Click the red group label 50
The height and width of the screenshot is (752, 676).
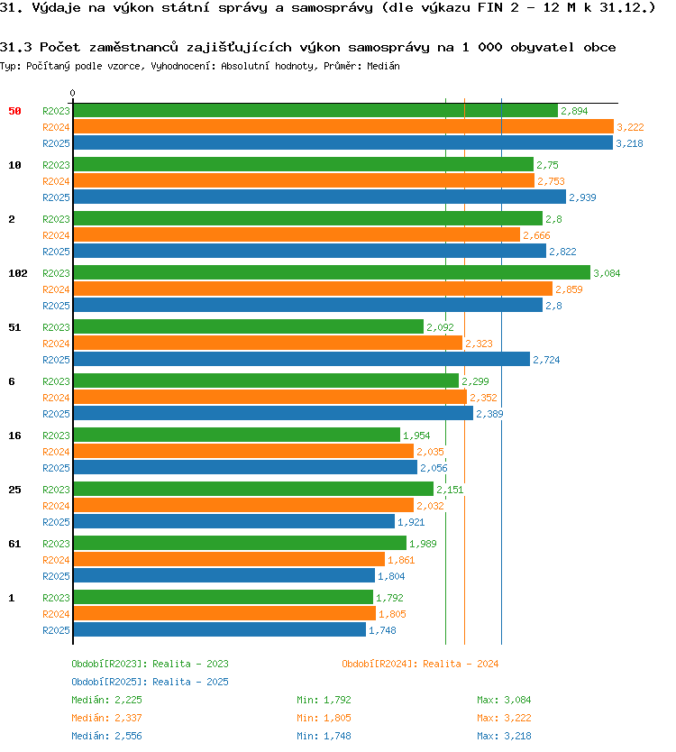(x=14, y=111)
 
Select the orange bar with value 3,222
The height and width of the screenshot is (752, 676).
(x=343, y=126)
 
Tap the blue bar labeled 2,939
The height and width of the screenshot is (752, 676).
(x=319, y=197)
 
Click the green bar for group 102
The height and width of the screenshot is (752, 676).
(x=332, y=272)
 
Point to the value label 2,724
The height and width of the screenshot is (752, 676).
(x=546, y=360)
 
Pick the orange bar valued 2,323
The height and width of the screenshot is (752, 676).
(x=268, y=343)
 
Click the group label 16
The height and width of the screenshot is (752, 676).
(x=14, y=436)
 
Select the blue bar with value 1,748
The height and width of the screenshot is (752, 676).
(x=220, y=629)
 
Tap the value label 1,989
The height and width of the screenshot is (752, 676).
(x=423, y=544)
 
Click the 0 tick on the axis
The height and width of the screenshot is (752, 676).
(x=72, y=93)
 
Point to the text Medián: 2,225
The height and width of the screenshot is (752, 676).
(x=106, y=700)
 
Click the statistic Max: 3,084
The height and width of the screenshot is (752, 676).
(x=504, y=700)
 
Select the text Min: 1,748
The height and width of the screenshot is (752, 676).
(x=324, y=736)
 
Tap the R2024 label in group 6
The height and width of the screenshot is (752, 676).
(x=56, y=398)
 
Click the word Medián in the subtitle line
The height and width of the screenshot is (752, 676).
(x=383, y=66)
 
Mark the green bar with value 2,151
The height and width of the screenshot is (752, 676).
(x=253, y=489)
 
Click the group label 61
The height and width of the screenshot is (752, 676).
(x=14, y=544)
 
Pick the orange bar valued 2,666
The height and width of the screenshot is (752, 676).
(x=297, y=234)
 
